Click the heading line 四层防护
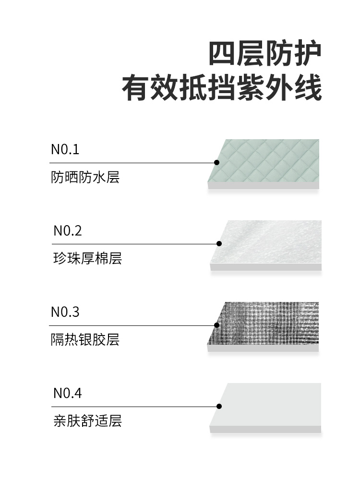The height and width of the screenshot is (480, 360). point(264,54)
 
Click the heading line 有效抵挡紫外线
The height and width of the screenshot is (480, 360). point(221,88)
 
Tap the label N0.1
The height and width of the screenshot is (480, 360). point(65,150)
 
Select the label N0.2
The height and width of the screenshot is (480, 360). point(67,231)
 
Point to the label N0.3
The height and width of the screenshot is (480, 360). point(65,312)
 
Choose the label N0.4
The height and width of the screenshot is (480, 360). point(67,394)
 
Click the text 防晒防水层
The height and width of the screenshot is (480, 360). point(85,178)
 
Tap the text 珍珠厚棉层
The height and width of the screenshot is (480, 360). point(87,259)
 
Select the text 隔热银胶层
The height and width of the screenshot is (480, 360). point(85,340)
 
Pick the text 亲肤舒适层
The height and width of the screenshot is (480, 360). point(87,421)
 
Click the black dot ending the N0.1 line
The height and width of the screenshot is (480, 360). point(216,163)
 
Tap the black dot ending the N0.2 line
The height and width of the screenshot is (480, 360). point(219,244)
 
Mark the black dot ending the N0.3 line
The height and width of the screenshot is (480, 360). point(216,325)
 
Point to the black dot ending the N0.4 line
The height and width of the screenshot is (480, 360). point(219,407)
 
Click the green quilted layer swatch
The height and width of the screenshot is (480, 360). point(269,161)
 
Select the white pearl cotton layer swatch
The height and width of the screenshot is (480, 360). point(271,242)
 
